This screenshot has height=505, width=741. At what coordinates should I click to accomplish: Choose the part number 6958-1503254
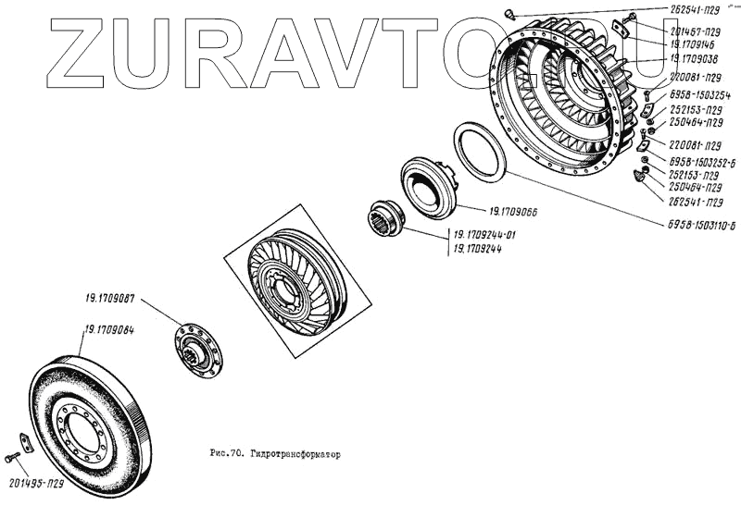click(699, 95)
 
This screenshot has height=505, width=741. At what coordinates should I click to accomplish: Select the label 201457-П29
click(701, 31)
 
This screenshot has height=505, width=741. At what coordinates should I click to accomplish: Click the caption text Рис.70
click(226, 455)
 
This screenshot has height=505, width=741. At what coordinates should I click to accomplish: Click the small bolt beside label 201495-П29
click(11, 457)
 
